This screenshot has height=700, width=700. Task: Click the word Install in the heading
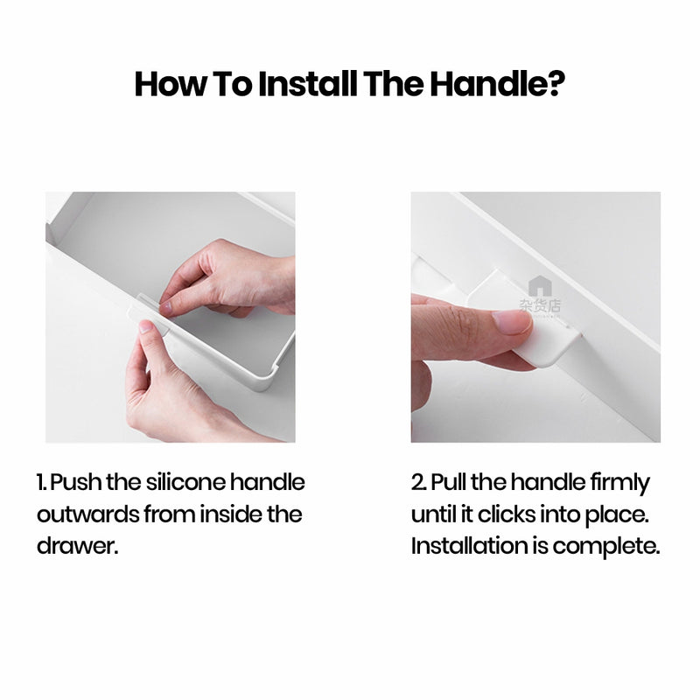pos(308,84)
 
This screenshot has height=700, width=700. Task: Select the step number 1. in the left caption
pos(42,483)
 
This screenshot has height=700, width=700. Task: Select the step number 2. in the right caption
pos(419,483)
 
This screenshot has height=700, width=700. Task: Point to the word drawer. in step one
pos(77,545)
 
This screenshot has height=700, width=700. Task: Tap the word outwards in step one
pos(88,514)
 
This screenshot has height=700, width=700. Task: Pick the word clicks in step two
pos(507,514)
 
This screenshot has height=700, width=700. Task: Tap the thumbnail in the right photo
pos(511,322)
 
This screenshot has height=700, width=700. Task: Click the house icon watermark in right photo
pos(540,286)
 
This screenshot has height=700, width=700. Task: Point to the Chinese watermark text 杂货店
pos(540,305)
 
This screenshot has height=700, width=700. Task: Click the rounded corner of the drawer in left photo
pos(265,381)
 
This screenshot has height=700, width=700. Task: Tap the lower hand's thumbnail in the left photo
pos(146,326)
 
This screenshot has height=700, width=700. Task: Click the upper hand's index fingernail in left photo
pos(165,308)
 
